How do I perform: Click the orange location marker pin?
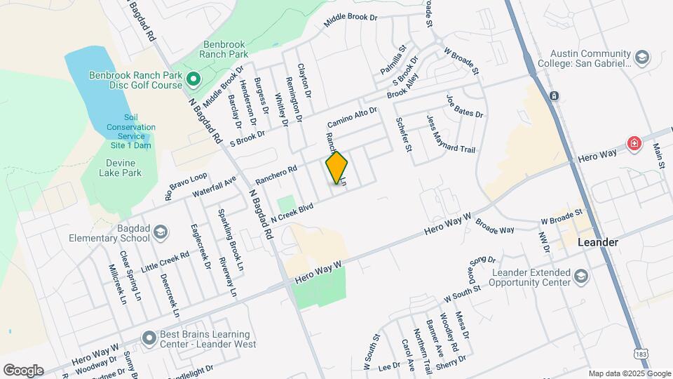click(337, 167)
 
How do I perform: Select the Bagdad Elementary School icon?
click(161, 232)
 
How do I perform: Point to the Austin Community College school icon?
click(641, 57)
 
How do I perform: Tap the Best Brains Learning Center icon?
click(149, 338)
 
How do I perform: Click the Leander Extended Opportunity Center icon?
click(581, 277)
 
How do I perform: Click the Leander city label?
click(597, 242)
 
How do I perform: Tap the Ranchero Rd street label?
click(276, 175)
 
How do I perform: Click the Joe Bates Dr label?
click(465, 105)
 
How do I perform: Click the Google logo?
click(23, 370)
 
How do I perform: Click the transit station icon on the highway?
click(554, 95)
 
